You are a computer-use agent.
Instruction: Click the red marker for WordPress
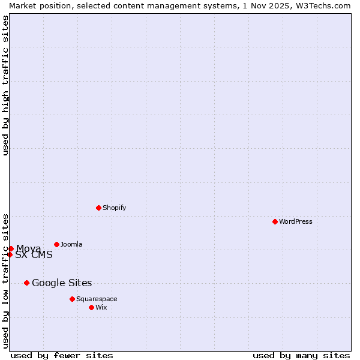coord(275,221)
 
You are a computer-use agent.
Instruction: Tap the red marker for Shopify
coord(98,208)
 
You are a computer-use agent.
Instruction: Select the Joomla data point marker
coord(56,244)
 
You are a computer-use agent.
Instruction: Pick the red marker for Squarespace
coord(72,299)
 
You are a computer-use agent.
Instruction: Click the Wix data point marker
coord(91,307)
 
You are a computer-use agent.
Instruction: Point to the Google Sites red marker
coord(26,283)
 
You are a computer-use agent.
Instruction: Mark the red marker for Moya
coord(11,248)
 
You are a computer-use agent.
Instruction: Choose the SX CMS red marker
coord(10,254)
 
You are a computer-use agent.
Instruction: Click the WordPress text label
coord(296,221)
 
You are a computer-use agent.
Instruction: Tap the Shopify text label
coord(115,208)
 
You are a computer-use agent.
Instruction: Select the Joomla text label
coord(71,244)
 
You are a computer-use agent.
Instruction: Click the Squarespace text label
coord(97,299)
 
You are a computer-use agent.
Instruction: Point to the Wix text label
coord(101,307)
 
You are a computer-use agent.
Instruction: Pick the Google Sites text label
coord(62,283)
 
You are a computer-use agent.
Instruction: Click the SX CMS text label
coord(34,255)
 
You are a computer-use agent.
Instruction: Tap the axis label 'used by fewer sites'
coord(62,355)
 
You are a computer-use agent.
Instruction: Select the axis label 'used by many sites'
coord(301,355)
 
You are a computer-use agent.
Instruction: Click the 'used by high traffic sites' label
coord(5,85)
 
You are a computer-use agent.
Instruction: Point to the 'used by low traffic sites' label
coord(5,281)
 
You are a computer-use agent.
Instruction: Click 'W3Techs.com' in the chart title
coord(323,5)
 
